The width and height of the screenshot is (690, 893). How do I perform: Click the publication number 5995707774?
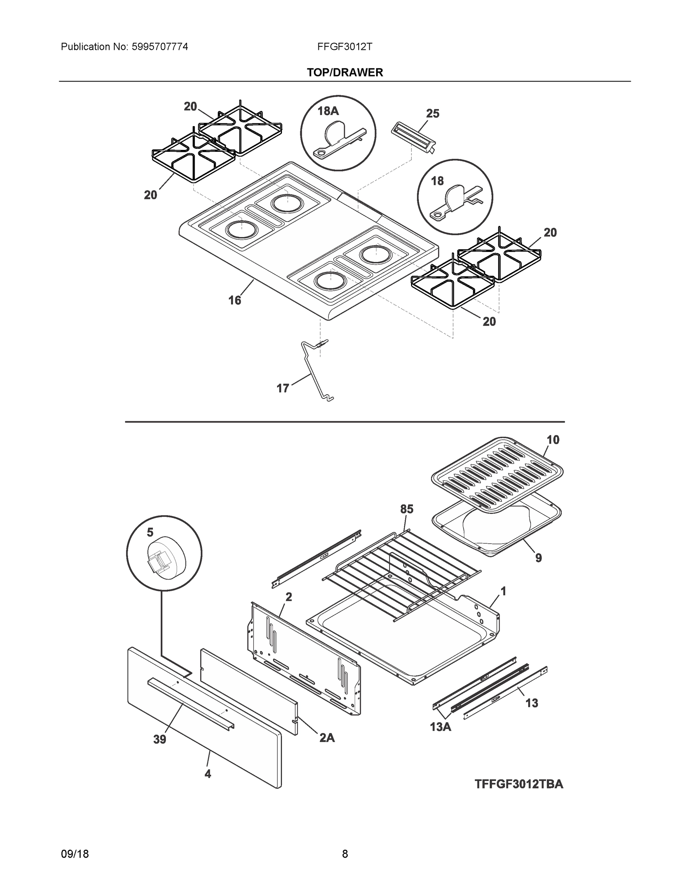pos(160,47)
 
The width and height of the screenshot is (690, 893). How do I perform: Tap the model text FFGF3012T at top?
pos(344,47)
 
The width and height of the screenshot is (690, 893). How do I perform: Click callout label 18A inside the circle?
pos(328,111)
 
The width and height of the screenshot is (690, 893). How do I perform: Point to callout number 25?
pos(433,113)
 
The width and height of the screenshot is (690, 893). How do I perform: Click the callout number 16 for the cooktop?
pos(235,301)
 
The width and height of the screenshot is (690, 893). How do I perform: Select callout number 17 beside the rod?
pos(283,388)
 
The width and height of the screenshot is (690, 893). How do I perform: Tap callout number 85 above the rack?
pos(407,509)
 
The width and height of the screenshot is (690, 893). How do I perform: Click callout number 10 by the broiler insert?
pos(553,440)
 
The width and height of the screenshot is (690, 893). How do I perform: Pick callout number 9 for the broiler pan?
pos(538,558)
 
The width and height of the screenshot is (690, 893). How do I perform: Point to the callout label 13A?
pos(441,727)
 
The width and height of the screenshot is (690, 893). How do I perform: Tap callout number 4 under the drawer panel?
pos(208,774)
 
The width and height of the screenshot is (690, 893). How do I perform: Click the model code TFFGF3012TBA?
pos(519,784)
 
